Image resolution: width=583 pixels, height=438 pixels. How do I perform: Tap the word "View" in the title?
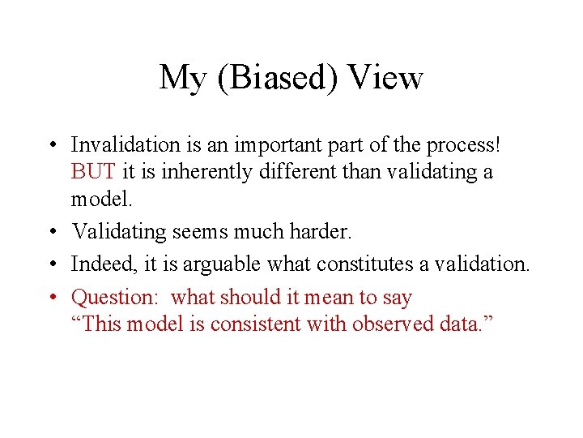(x=385, y=78)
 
